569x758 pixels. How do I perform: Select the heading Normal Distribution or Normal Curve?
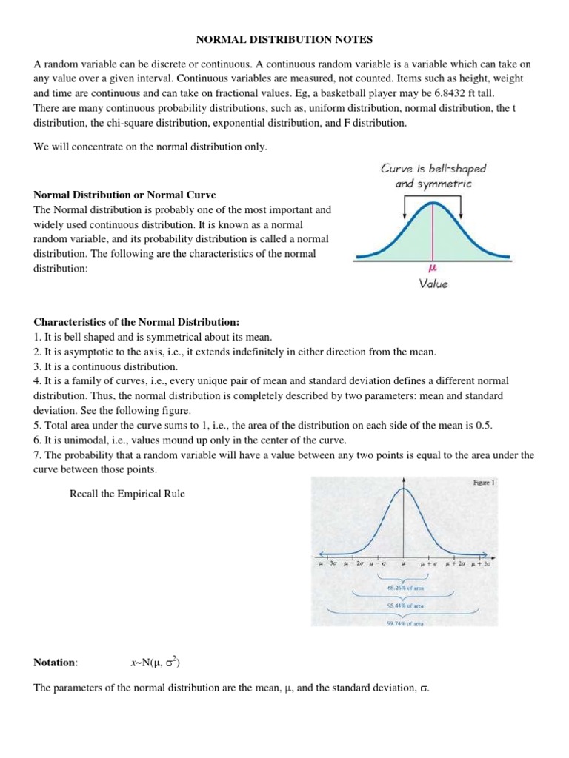[125, 195]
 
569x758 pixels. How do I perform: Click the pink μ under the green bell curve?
[431, 270]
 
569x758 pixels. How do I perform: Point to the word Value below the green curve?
[433, 284]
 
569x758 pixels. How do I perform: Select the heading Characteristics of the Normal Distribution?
[137, 323]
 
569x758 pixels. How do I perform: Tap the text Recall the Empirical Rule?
[127, 494]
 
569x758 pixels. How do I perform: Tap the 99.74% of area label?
[404, 623]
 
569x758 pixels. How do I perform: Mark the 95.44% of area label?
[404, 606]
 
